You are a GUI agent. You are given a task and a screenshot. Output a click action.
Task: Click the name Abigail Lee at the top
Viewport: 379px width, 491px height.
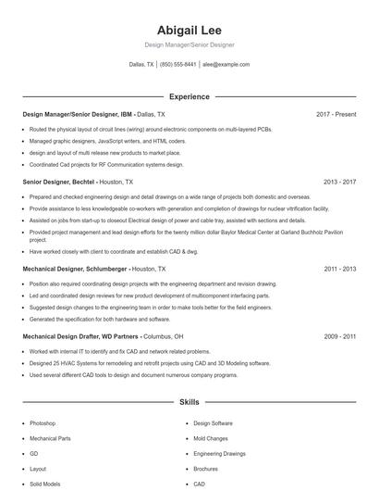(189, 30)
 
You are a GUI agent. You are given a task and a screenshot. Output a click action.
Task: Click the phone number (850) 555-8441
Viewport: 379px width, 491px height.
(178, 65)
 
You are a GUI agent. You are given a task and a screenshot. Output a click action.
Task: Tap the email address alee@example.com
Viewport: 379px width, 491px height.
(226, 65)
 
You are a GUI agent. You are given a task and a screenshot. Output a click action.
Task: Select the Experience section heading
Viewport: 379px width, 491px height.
(189, 96)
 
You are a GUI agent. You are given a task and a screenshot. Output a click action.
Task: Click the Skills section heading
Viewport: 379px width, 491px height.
(189, 403)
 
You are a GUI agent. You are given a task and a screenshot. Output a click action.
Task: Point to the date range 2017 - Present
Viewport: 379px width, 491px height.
(336, 114)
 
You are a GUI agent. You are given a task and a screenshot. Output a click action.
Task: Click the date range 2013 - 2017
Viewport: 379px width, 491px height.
(339, 183)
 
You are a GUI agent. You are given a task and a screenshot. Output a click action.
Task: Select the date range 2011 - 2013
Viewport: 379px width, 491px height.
(339, 269)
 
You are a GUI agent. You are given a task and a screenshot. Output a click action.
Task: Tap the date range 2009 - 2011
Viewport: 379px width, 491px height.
(339, 336)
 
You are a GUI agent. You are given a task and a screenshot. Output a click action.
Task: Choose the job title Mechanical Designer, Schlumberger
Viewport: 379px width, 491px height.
(74, 269)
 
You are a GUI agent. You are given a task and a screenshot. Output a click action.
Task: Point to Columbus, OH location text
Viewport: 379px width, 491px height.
(164, 336)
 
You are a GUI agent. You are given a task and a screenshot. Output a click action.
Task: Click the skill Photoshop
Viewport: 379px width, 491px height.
(43, 422)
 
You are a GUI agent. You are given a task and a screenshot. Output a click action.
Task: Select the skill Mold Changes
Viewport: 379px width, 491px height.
(212, 438)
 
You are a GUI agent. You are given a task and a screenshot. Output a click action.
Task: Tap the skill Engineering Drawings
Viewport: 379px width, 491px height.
(219, 454)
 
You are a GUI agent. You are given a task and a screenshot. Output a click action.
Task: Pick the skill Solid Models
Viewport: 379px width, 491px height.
(44, 484)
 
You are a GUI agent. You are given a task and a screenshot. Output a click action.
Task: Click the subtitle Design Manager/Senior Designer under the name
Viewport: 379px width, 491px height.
(189, 44)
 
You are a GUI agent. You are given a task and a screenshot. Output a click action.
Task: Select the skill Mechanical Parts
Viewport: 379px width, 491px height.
(50, 438)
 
